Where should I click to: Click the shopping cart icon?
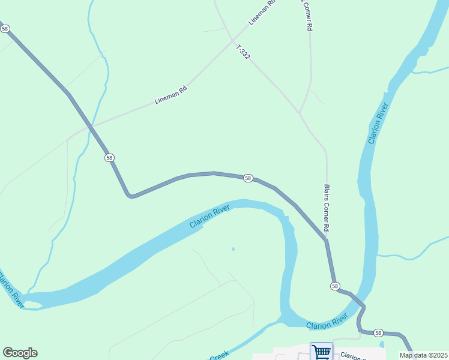click(x=321, y=352)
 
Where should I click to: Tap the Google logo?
click(x=20, y=353)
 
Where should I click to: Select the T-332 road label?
click(x=243, y=52)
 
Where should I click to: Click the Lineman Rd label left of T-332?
click(x=171, y=95)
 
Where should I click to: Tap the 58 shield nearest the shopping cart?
click(x=378, y=332)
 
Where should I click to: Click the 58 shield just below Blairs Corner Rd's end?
click(x=334, y=286)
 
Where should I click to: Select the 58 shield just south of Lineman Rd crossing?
click(x=109, y=157)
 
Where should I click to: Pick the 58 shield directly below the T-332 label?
click(x=248, y=178)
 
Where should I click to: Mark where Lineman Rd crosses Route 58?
click(x=90, y=127)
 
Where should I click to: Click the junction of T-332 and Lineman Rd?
click(x=232, y=40)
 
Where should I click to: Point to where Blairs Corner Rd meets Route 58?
click(x=326, y=240)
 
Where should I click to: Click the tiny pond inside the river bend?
click(x=233, y=248)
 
